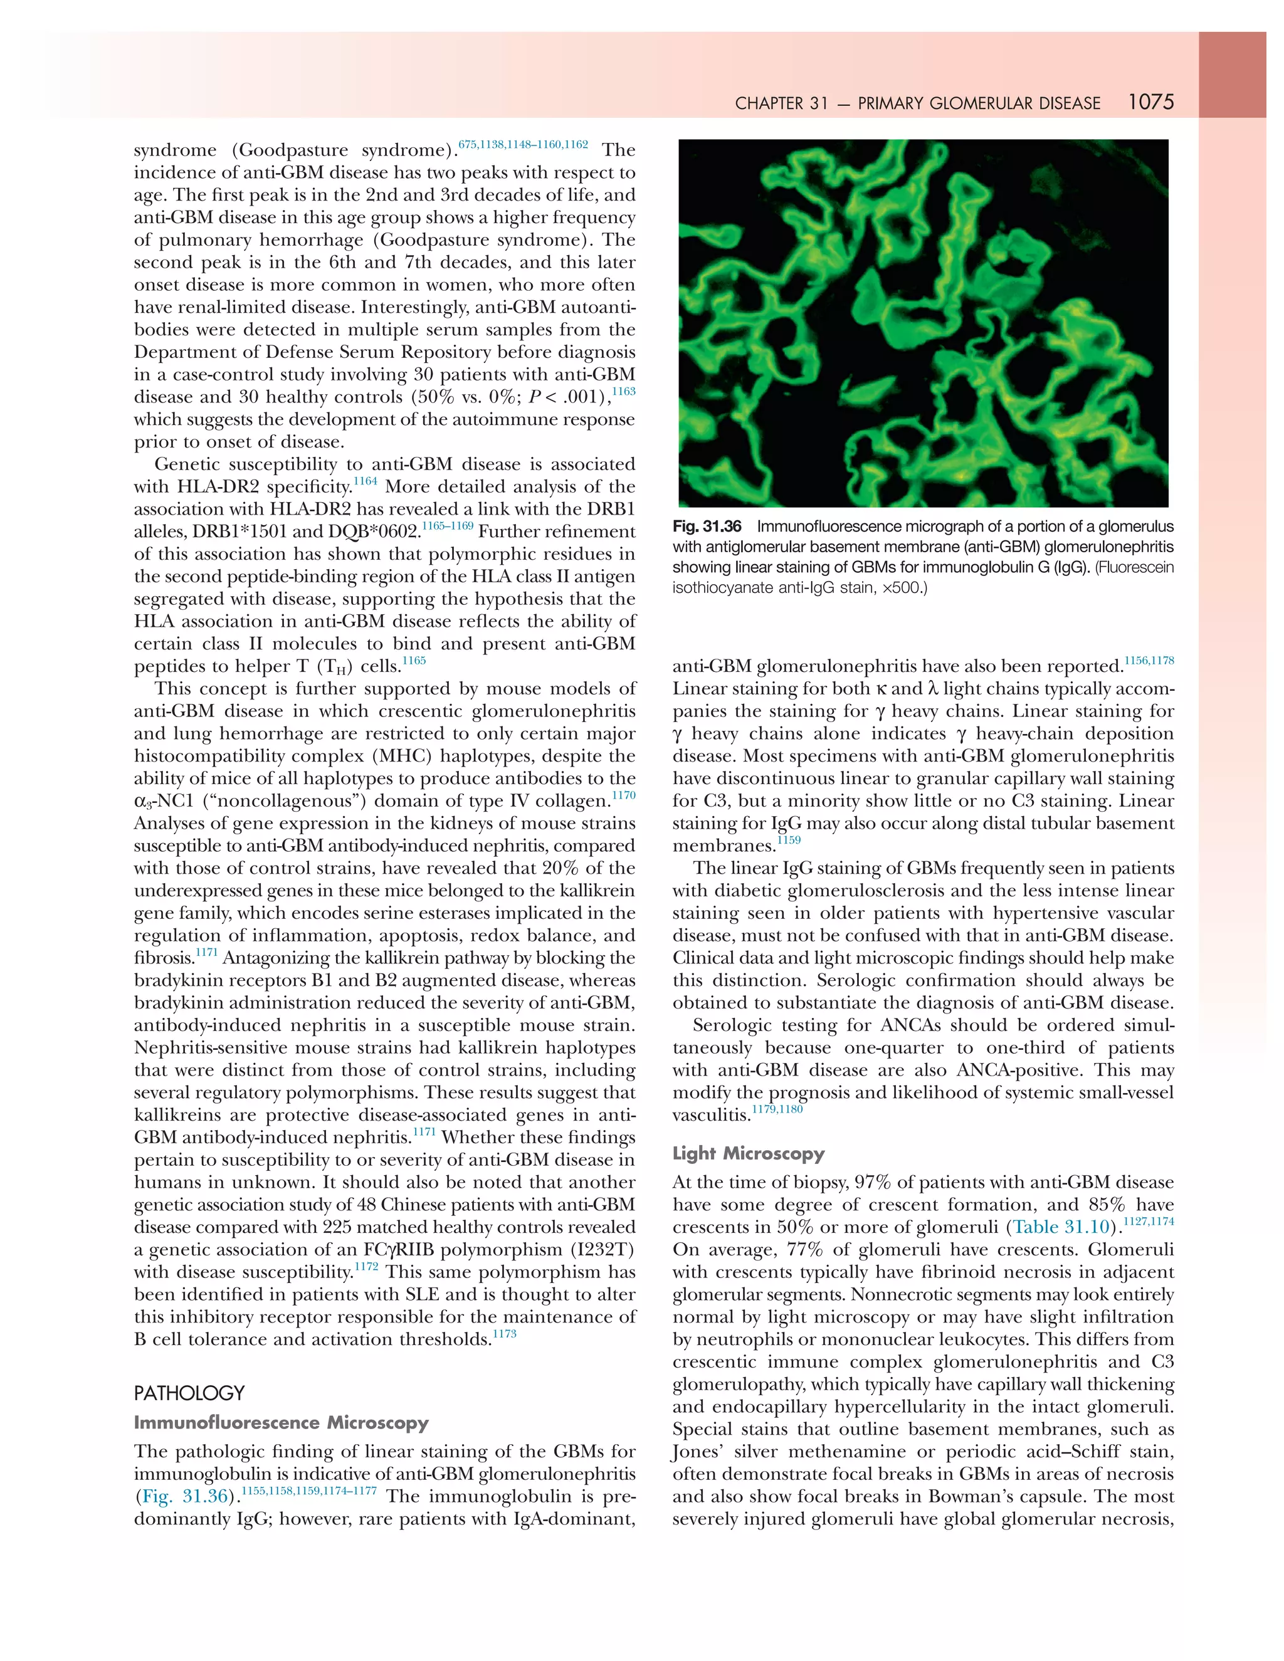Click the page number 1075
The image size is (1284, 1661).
coord(1151,102)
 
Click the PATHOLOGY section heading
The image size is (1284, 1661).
coord(189,1393)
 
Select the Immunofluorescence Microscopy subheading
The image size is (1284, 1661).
coord(281,1422)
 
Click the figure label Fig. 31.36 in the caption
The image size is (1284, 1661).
coord(707,527)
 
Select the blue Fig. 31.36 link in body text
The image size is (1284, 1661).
coord(185,1496)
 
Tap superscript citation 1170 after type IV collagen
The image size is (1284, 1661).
coord(624,795)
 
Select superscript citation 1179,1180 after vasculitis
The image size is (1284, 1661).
coord(777,1109)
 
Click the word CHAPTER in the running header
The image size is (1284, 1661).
coord(770,103)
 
